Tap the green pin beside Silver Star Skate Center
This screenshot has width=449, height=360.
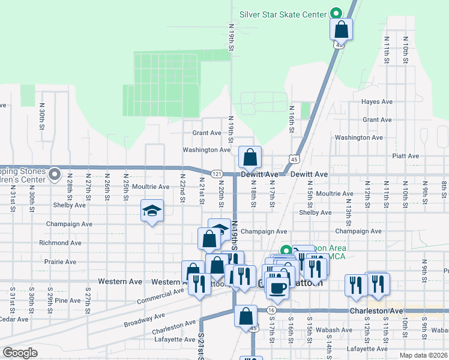pos(336,13)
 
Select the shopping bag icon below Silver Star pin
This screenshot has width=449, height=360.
pos(341,29)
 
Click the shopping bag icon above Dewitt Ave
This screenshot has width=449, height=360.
pos(250,157)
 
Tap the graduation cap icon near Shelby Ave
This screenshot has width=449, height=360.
pos(152,211)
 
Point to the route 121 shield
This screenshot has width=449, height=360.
pos(217,174)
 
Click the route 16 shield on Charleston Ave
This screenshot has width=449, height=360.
pos(271,310)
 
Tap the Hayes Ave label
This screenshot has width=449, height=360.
pos(377,102)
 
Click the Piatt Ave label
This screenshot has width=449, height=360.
pos(405,156)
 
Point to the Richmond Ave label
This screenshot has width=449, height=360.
pos(60,243)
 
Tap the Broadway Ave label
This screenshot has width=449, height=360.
pos(144,320)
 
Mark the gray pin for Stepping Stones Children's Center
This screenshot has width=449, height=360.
pos(55,175)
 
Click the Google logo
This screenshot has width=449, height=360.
pos(20,353)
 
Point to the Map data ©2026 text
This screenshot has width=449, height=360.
pos(424,355)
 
